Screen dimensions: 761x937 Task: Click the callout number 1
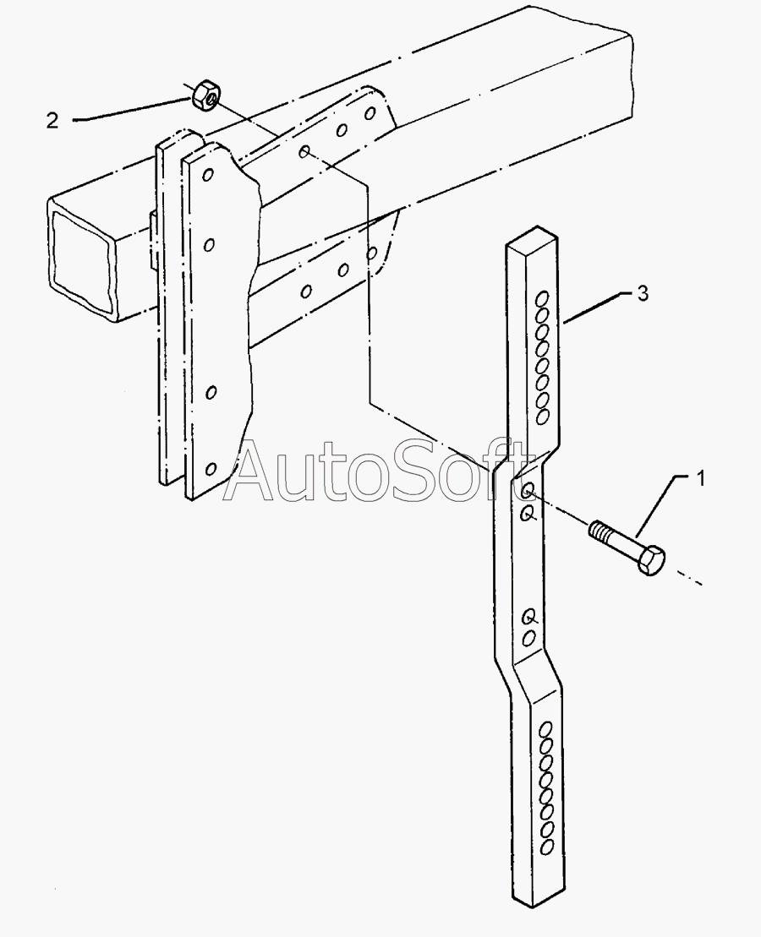point(700,479)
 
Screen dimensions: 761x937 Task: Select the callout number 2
point(52,121)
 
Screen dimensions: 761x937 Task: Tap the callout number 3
point(643,294)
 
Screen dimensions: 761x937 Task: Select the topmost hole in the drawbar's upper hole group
point(542,298)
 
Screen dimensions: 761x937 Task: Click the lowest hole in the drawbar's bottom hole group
point(546,845)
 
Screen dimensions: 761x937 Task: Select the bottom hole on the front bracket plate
point(211,469)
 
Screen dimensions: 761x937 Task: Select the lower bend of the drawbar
point(533,676)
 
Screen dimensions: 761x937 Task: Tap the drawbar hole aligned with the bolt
point(528,491)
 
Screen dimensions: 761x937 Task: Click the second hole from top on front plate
point(210,244)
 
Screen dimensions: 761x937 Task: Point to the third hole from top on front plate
point(211,391)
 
